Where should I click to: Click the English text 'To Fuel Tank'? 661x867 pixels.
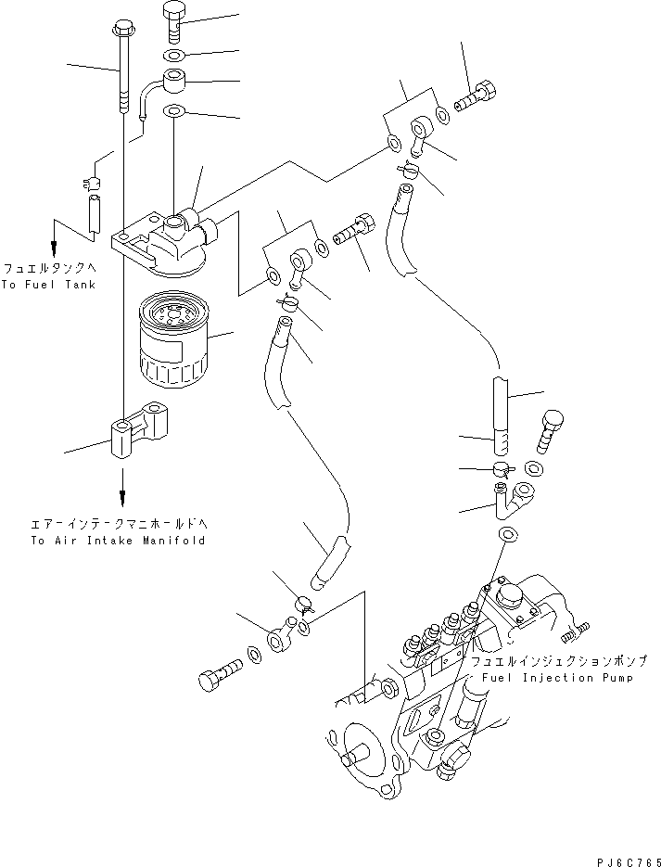point(48,285)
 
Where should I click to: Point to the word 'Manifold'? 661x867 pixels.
point(174,540)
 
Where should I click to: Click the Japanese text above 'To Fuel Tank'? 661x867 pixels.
point(48,269)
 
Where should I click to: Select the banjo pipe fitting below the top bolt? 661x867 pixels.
point(172,83)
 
